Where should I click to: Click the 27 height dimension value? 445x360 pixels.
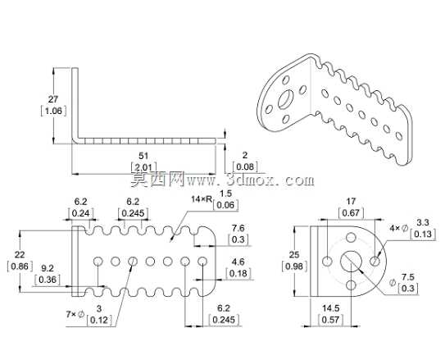(53, 99)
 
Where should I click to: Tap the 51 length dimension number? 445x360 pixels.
(143, 156)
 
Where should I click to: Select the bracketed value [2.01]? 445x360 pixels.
(143, 167)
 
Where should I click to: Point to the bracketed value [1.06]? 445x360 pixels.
(53, 111)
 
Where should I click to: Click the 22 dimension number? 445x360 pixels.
(20, 255)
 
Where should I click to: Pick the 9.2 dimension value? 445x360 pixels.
(48, 268)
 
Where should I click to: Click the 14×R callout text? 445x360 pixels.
(202, 199)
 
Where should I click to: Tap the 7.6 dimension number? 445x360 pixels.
(238, 228)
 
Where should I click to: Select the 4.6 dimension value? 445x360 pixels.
(238, 262)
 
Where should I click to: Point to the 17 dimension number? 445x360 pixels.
(351, 201)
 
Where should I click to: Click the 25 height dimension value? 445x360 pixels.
(294, 255)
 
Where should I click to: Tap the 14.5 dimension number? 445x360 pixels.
(330, 308)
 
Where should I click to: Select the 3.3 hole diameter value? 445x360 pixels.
(423, 222)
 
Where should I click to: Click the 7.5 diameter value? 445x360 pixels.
(408, 277)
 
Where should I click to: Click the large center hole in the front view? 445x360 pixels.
(351, 261)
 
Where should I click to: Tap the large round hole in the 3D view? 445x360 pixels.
(286, 99)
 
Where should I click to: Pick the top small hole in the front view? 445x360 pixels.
(351, 237)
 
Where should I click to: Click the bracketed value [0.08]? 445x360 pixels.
(245, 166)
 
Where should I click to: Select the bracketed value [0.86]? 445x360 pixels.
(20, 267)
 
